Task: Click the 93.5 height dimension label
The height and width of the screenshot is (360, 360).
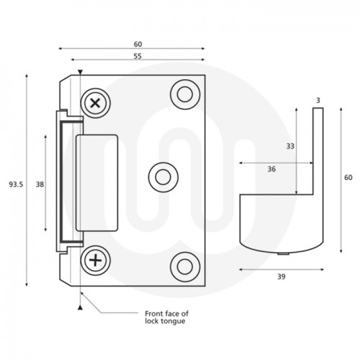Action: [x=16, y=185]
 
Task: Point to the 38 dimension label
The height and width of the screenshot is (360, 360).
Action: [x=40, y=185]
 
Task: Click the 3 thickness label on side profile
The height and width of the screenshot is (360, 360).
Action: [x=318, y=99]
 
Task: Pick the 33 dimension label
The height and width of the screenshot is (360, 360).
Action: [x=290, y=146]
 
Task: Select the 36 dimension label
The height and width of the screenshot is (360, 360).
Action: [x=271, y=170]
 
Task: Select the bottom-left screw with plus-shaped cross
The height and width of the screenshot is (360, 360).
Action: [x=94, y=258]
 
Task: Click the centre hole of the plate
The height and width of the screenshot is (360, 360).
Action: [x=160, y=175]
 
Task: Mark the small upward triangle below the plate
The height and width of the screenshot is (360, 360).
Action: [x=81, y=307]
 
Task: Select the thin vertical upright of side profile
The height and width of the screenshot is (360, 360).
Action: [x=318, y=151]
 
